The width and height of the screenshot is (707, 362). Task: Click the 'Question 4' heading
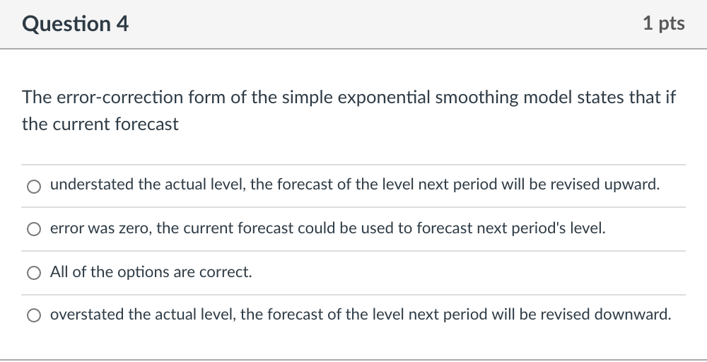tap(76, 24)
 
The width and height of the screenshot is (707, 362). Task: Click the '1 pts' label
tap(664, 24)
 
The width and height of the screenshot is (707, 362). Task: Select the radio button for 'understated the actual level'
tap(33, 187)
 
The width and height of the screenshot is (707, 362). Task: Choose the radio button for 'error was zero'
tap(33, 230)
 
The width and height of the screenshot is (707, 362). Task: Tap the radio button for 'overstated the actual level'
tap(33, 316)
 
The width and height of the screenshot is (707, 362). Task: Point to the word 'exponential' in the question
tap(382, 98)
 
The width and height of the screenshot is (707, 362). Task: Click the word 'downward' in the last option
tap(637, 315)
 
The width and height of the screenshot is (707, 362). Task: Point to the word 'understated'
tap(92, 185)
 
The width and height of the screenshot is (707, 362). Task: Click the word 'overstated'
tap(87, 315)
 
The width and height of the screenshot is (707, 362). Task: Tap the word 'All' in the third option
tap(59, 272)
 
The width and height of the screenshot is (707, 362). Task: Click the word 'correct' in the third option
tap(226, 272)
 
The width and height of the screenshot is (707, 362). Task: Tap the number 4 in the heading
tap(123, 24)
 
